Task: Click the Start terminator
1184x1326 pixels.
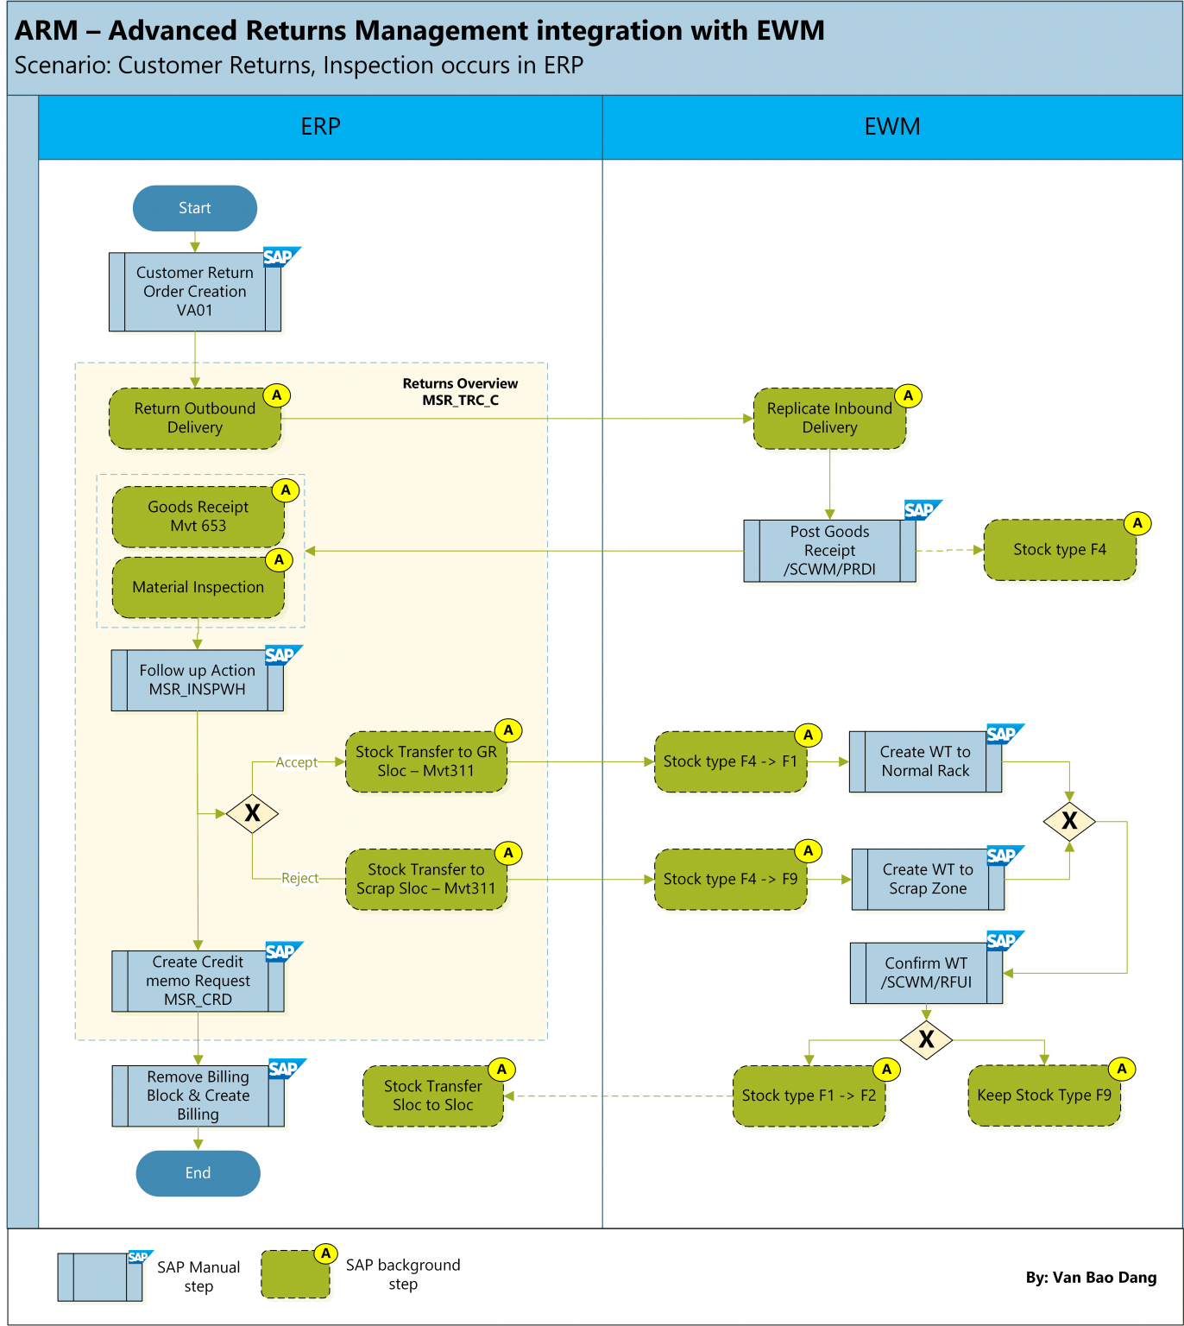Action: (x=195, y=208)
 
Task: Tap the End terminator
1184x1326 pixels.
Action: (x=198, y=1173)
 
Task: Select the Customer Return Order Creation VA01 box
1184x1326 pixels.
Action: (x=195, y=292)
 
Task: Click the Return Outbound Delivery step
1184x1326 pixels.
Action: (x=195, y=419)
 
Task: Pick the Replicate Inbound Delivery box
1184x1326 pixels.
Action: (x=829, y=419)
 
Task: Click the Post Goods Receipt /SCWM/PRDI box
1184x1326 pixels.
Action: (x=829, y=551)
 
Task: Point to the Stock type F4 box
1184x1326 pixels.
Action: (x=1059, y=550)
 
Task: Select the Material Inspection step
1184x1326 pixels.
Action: (x=198, y=587)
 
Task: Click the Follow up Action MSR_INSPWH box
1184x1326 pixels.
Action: (x=198, y=680)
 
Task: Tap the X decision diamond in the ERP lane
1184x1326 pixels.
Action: (x=252, y=813)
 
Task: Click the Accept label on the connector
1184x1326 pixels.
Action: (x=296, y=762)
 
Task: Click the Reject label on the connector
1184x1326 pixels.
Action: (x=299, y=878)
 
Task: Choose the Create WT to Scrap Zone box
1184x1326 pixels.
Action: (x=928, y=880)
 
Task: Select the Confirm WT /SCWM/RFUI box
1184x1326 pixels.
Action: (x=926, y=973)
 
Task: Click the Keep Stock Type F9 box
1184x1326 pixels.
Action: (x=1044, y=1096)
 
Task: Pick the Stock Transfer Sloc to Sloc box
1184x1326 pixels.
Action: (x=432, y=1096)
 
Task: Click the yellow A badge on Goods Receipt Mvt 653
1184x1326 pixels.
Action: (x=286, y=490)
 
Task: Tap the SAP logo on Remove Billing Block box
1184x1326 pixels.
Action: (x=285, y=1069)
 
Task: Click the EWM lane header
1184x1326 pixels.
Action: (x=892, y=127)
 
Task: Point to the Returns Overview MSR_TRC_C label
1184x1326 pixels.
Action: (x=460, y=392)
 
